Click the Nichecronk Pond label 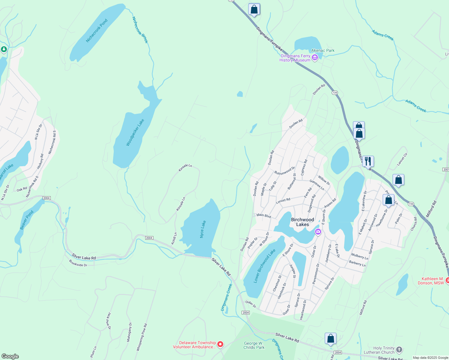[97, 31]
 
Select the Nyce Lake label [203, 229]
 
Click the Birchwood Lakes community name [302, 222]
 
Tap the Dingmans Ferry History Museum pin [315, 58]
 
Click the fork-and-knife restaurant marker [368, 161]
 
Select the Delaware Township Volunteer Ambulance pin [220, 344]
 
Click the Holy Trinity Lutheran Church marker [399, 349]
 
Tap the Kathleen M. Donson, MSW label [431, 281]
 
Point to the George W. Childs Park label [254, 345]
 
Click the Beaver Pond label [27, 220]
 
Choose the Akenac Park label [323, 50]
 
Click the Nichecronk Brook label [140, 30]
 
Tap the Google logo [10, 356]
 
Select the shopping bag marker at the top [254, 9]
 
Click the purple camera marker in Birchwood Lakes [318, 232]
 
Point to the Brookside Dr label [78, 263]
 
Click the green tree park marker [4, 49]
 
